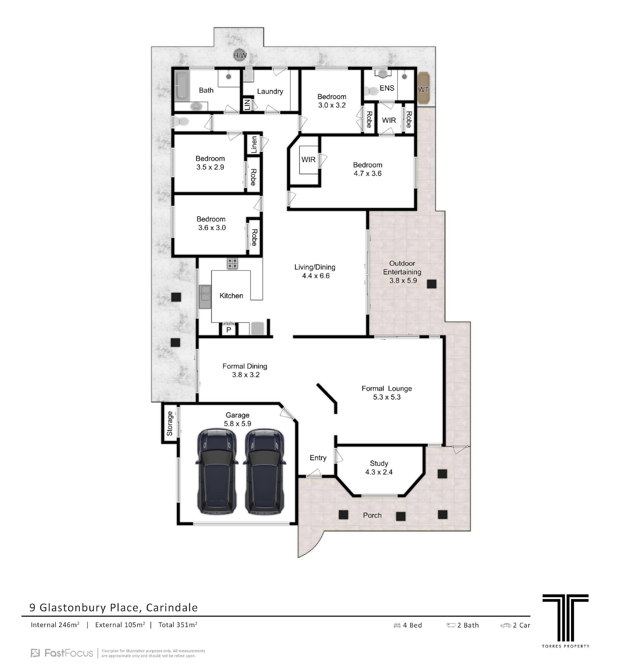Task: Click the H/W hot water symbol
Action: click(240, 55)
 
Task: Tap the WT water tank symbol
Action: click(423, 89)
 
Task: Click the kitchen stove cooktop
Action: click(232, 263)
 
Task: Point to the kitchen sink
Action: click(205, 297)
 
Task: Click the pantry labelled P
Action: click(229, 329)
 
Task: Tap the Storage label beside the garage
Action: click(169, 423)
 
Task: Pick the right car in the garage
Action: click(265, 472)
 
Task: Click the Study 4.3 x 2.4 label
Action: click(379, 468)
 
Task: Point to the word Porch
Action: click(372, 515)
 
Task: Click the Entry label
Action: click(318, 458)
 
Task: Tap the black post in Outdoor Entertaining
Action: click(431, 284)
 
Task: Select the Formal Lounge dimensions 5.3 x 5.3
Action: click(387, 397)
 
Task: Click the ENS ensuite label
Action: click(387, 88)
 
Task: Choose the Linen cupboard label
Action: click(254, 145)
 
